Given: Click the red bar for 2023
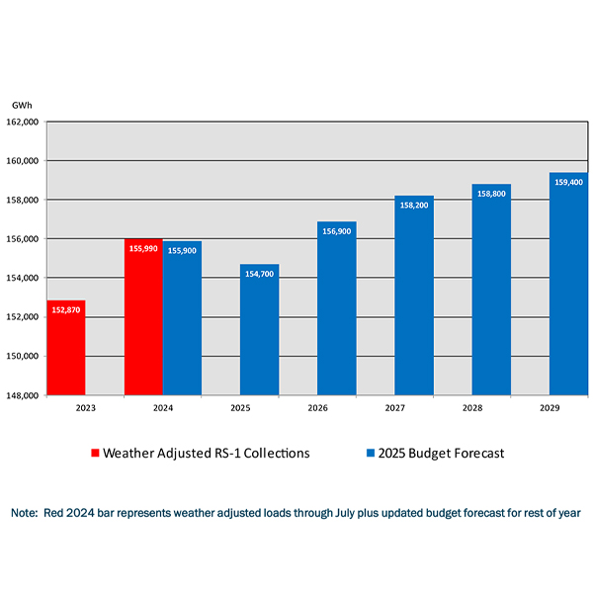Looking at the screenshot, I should tap(66, 347).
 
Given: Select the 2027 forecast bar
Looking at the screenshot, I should tap(414, 296).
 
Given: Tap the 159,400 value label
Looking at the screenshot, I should tap(568, 183).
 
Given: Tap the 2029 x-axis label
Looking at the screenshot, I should tap(550, 407).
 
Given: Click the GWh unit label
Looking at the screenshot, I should tap(22, 105).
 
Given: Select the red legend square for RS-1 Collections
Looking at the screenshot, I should tap(95, 454).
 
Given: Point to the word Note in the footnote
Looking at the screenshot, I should tap(24, 514).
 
